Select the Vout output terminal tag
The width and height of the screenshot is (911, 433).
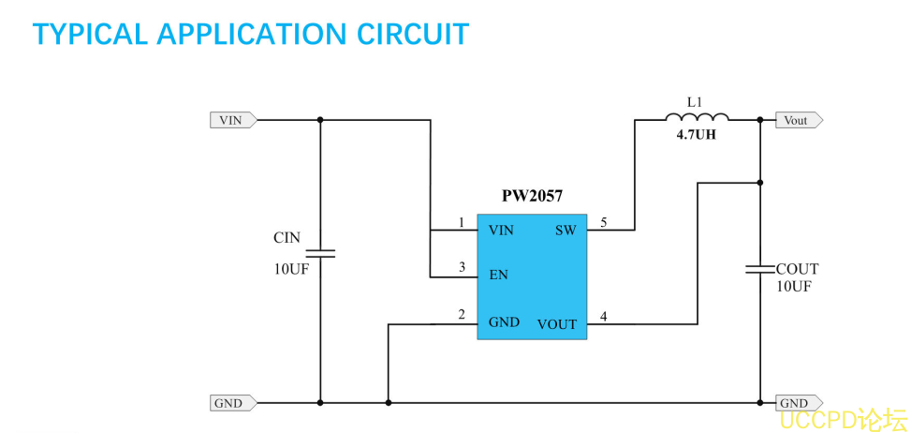[x=798, y=120]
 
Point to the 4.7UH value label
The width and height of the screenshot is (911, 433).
[x=697, y=135]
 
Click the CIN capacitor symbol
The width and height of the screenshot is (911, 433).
[x=320, y=253]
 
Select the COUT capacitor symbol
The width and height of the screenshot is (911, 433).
[x=759, y=269]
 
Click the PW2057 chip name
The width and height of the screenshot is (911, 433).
[x=532, y=197]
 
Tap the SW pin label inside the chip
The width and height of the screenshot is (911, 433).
[x=566, y=230]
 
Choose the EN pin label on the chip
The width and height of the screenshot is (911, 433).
[x=498, y=276]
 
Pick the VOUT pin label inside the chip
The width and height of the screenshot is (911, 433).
[x=557, y=324]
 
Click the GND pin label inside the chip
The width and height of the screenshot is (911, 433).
[x=504, y=322]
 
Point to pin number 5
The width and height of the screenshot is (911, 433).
[x=604, y=222]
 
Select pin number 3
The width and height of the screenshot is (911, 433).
[x=462, y=268]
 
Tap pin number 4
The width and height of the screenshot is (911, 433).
[x=604, y=317]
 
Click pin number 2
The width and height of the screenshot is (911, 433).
[x=462, y=314]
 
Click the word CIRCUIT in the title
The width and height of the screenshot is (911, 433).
[x=413, y=35]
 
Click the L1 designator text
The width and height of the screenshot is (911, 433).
[x=694, y=100]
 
